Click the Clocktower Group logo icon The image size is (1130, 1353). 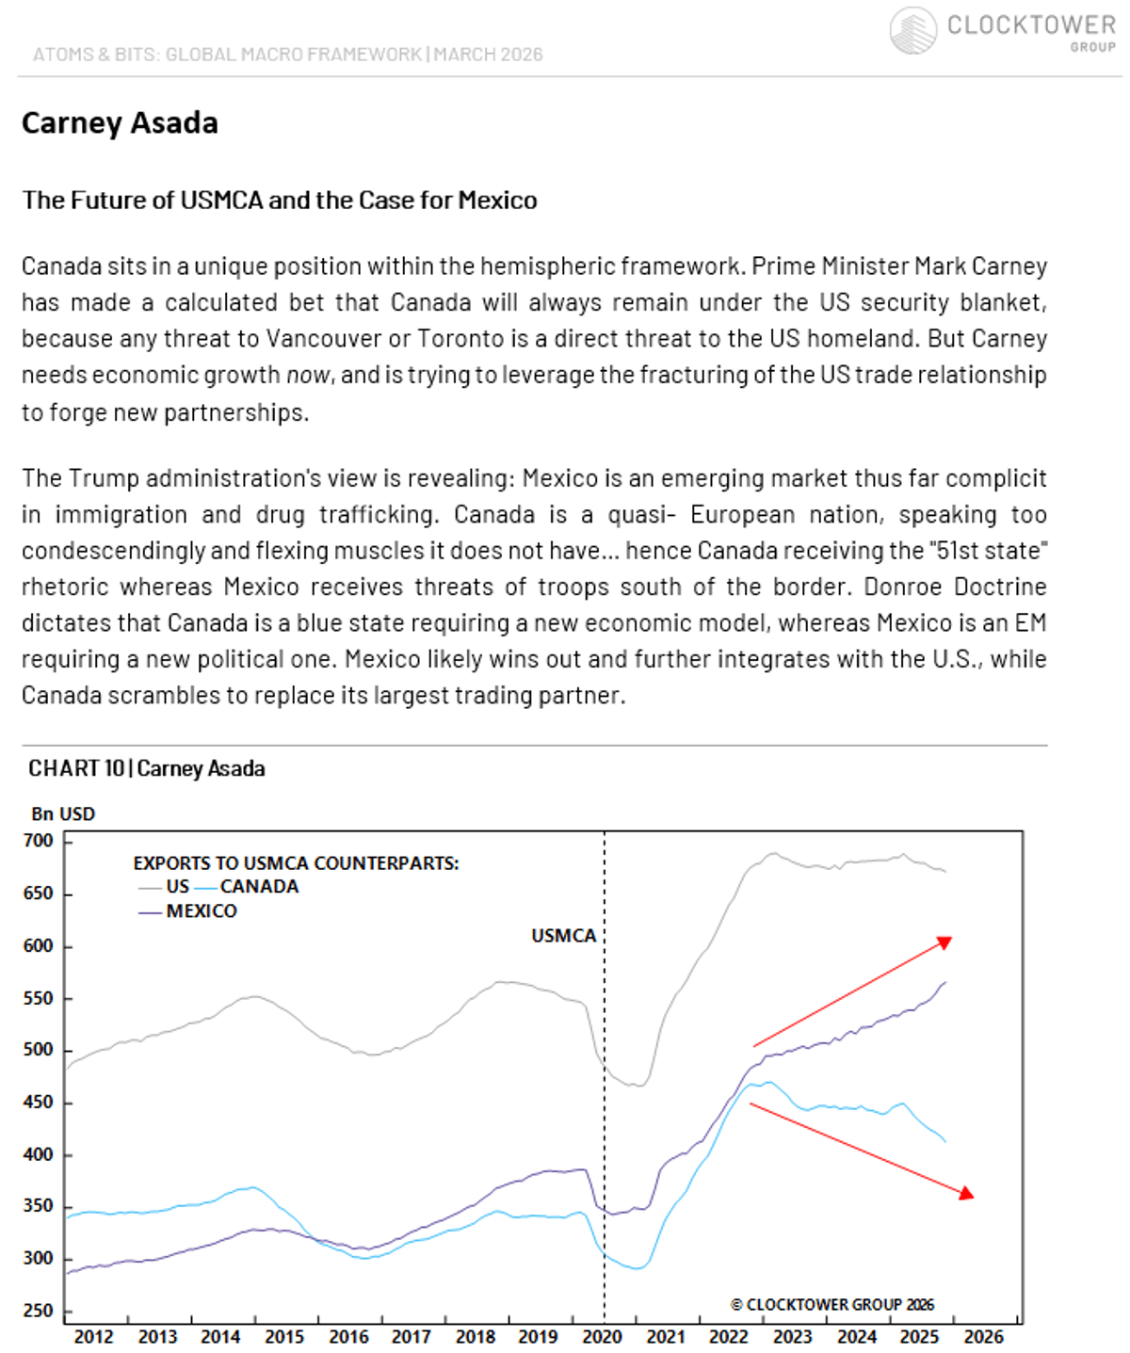click(x=912, y=30)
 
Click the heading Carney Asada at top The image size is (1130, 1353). click(x=120, y=123)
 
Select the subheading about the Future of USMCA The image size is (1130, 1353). click(x=280, y=201)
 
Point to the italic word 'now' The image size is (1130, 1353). click(x=308, y=376)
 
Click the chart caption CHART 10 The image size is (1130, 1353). click(x=75, y=769)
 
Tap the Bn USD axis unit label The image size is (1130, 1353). click(x=63, y=814)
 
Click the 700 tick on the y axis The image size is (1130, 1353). click(x=39, y=841)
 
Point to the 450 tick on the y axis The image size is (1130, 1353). click(x=39, y=1103)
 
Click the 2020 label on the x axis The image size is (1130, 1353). click(x=602, y=1337)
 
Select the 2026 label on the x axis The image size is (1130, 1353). click(x=983, y=1337)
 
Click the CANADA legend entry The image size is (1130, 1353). click(x=259, y=887)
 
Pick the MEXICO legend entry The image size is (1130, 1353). click(x=202, y=911)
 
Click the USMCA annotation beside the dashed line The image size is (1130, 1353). click(x=563, y=936)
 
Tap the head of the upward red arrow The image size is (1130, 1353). click(x=945, y=942)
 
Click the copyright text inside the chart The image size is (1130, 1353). click(x=832, y=1305)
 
